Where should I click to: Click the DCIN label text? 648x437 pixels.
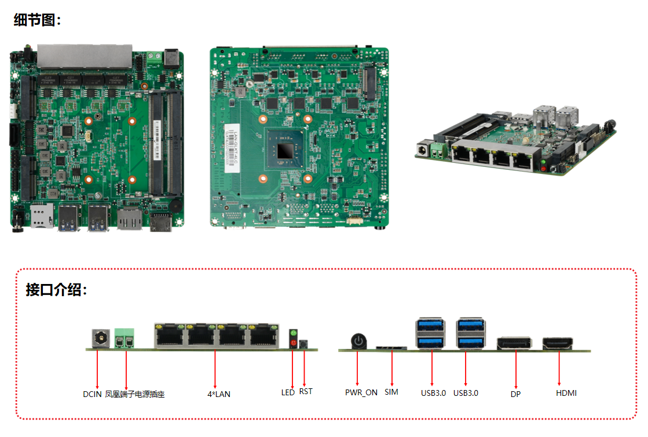point(92,395)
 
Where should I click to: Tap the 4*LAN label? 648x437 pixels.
point(219,395)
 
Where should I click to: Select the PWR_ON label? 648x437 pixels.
point(361,392)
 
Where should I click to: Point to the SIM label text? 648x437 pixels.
point(391,392)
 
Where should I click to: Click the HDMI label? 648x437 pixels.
point(566,393)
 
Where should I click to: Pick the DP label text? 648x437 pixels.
point(515,395)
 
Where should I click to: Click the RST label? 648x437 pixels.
point(306,392)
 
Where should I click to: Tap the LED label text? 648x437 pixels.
point(288,393)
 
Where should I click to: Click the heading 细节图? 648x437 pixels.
point(37,20)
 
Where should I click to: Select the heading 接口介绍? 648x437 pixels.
point(56,290)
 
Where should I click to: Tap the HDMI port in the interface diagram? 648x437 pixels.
point(558,344)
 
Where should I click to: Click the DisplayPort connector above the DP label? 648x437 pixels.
point(514,343)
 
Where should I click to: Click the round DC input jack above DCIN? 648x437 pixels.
point(101,338)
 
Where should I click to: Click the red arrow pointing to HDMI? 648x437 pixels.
point(559,368)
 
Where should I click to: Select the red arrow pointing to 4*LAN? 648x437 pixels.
point(215,368)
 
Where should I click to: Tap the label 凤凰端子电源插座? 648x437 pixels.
point(135,395)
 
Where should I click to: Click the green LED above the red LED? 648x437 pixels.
point(293,334)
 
